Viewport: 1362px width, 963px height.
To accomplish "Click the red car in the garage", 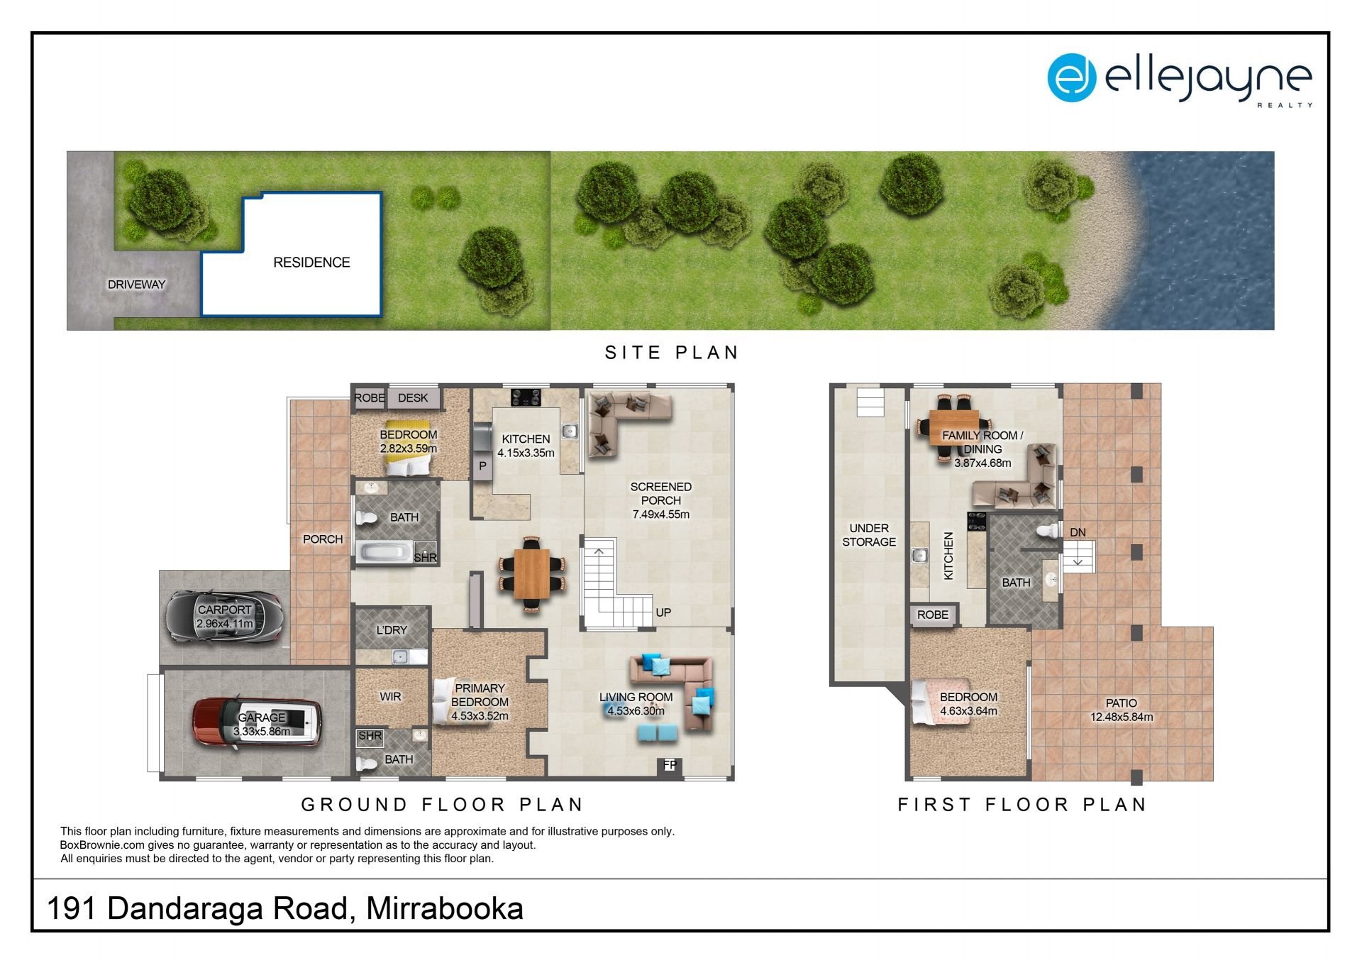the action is tap(258, 722).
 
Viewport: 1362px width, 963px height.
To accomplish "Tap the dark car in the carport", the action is tap(224, 617).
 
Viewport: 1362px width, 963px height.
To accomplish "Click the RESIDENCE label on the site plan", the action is tap(311, 263).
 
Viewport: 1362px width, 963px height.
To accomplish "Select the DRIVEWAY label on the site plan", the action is tap(136, 285).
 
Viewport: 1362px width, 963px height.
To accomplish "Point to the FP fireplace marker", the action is tap(670, 765).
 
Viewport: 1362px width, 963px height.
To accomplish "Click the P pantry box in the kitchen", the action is tap(482, 466).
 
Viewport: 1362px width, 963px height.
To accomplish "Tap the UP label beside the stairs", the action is tap(663, 612).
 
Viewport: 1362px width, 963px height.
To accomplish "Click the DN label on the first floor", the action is tap(1078, 532).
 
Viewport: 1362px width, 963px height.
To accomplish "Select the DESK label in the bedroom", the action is tap(413, 398).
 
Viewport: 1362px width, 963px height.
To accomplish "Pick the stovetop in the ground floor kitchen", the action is tap(526, 397).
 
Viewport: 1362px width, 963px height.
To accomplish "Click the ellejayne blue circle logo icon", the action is tap(1071, 78).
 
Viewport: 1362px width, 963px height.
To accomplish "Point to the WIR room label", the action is tap(390, 697).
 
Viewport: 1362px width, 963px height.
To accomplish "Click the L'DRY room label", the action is tap(392, 630).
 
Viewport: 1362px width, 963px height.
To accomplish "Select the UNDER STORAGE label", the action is tap(869, 535).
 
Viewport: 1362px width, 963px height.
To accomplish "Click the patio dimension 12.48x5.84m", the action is tap(1122, 717).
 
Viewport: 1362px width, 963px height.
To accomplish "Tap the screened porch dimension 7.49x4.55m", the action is tap(660, 514).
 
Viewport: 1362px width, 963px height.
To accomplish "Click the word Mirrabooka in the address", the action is tap(445, 909).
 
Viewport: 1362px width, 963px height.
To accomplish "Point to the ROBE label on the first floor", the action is tap(932, 615).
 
